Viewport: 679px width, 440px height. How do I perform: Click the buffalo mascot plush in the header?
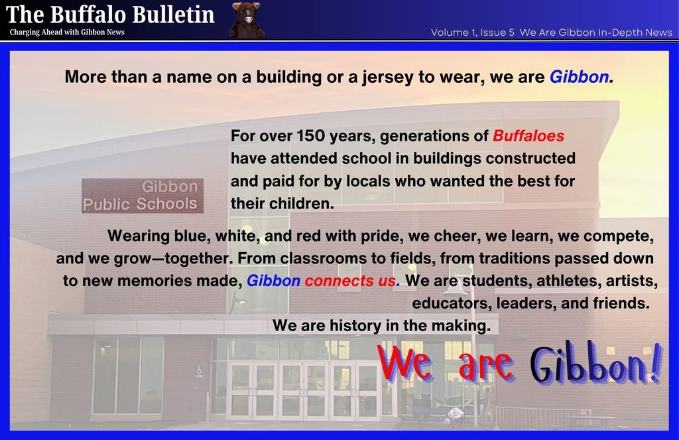tap(247, 19)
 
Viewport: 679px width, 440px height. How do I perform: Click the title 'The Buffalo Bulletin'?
tap(110, 14)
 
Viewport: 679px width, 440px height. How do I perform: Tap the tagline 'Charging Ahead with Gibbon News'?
tap(67, 32)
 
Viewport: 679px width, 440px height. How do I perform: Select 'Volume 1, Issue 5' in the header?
tap(472, 32)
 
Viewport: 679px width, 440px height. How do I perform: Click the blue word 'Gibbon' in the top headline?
tap(578, 77)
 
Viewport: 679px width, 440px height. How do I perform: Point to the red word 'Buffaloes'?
tap(528, 136)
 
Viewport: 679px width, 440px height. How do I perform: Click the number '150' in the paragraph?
tap(312, 136)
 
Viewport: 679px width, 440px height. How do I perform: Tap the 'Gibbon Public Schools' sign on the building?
tap(143, 196)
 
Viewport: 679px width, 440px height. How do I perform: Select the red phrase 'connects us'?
tap(350, 281)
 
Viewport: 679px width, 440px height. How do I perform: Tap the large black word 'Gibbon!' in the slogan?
tap(595, 366)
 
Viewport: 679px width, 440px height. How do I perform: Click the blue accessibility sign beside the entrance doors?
tap(200, 372)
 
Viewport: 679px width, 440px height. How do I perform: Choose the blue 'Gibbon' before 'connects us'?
tap(273, 281)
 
